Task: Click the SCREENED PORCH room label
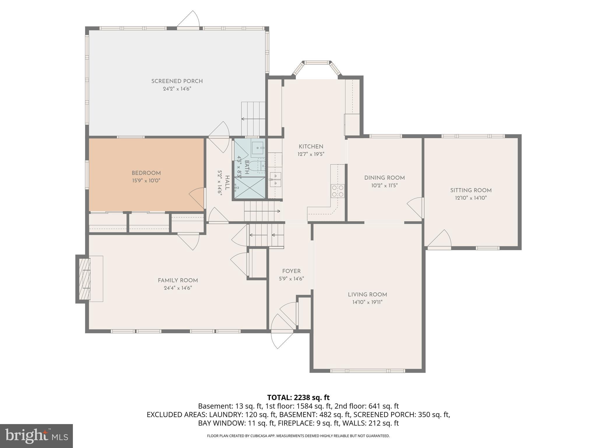tap(177, 81)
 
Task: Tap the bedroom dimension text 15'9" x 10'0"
tap(146, 181)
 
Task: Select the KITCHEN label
tap(311, 147)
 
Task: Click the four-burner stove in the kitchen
tap(338, 191)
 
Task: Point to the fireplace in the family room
tap(85, 279)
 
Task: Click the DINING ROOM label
tap(384, 178)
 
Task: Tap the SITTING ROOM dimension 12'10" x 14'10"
tap(471, 198)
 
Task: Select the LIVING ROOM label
tap(367, 295)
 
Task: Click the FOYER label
tap(291, 271)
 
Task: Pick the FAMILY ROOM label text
tap(178, 281)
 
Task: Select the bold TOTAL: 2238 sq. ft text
tap(298, 398)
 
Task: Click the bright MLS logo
tap(36, 436)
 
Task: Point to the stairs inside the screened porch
tap(253, 118)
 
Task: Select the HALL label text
tap(227, 183)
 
